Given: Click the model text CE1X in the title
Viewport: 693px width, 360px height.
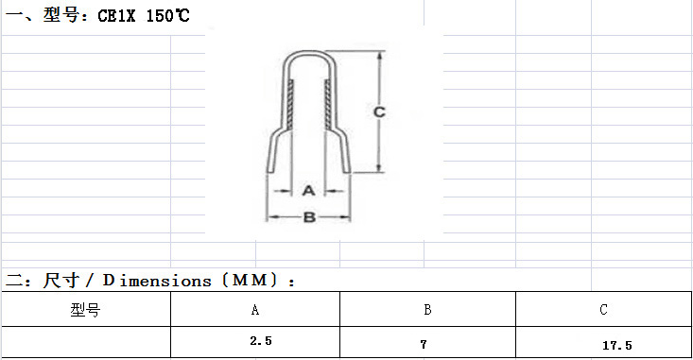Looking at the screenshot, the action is click(x=116, y=16).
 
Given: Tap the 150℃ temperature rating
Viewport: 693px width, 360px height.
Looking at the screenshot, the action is click(x=167, y=16).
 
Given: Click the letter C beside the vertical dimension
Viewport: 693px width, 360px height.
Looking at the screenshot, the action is click(x=379, y=112).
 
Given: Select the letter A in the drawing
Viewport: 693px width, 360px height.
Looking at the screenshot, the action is click(x=308, y=191).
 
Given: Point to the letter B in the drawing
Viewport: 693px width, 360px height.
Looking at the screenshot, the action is click(x=309, y=217).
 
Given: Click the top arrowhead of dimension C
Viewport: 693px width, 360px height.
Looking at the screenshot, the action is click(x=379, y=56).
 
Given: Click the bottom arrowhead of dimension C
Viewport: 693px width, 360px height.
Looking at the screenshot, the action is click(x=379, y=167).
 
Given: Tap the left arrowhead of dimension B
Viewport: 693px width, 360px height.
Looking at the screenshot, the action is click(x=271, y=217).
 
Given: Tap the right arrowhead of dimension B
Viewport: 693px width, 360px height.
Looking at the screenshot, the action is click(x=345, y=217).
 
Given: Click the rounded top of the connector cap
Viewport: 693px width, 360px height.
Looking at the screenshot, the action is click(x=309, y=53).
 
